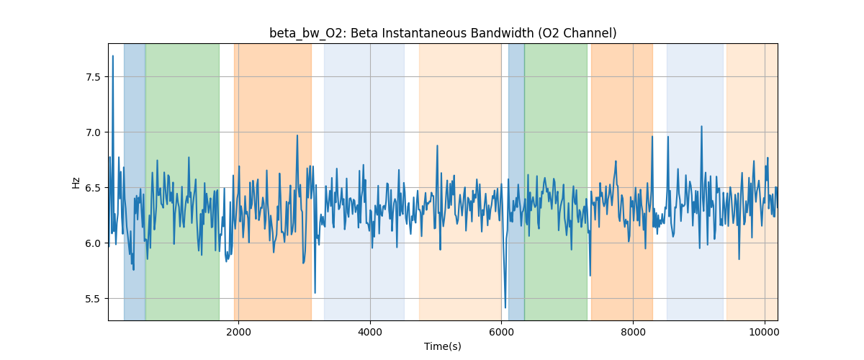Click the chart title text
443,33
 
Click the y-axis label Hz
76,182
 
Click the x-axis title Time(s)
443,346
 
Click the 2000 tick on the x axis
238,332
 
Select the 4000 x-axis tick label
370,332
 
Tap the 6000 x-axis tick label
501,332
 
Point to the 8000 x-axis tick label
633,332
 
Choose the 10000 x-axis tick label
765,332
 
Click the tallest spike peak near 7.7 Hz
112,55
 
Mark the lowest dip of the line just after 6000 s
505,308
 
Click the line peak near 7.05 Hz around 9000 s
701,127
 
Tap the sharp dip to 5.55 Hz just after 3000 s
315,293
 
